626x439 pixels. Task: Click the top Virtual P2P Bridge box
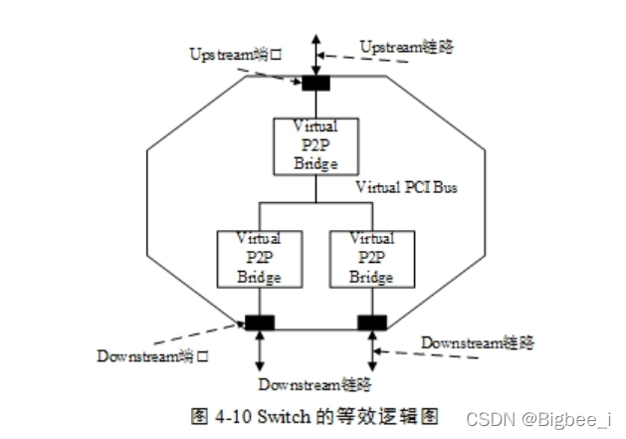pyautogui.click(x=315, y=146)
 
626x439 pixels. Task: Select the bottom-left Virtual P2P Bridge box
pyautogui.click(x=259, y=259)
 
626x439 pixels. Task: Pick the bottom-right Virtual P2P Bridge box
pyautogui.click(x=371, y=259)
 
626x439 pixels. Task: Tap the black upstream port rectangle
pyautogui.click(x=315, y=82)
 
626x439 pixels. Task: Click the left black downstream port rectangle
pyautogui.click(x=260, y=323)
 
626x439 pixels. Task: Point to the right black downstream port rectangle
pyautogui.click(x=372, y=323)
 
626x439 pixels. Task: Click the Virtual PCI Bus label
pyautogui.click(x=407, y=187)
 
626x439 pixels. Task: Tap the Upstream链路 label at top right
pyautogui.click(x=407, y=45)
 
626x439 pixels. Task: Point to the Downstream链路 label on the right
pyautogui.click(x=477, y=343)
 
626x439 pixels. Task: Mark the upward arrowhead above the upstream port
pyautogui.click(x=315, y=38)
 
